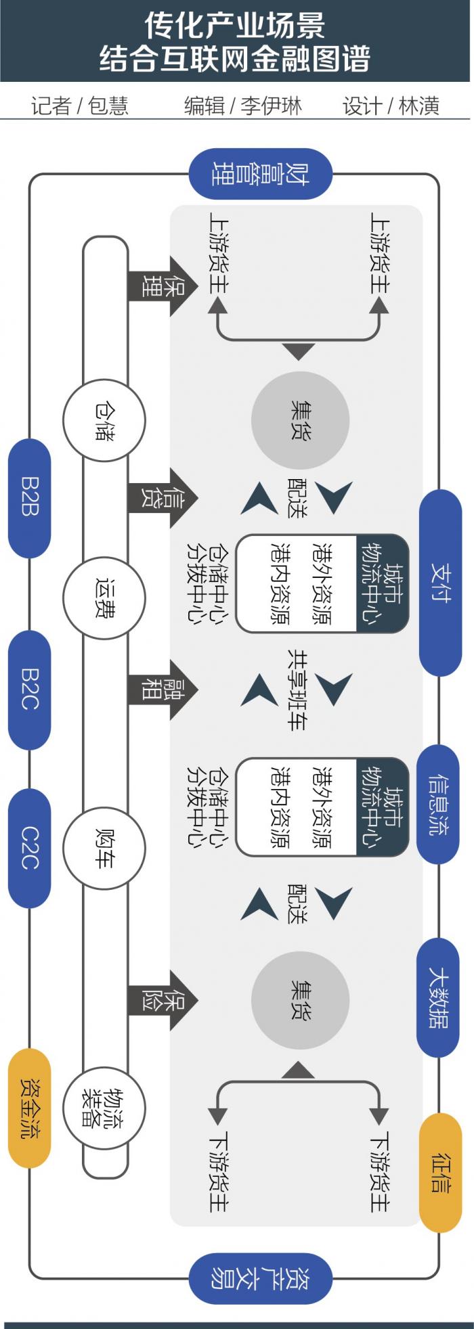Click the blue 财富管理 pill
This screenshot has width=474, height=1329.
click(x=261, y=174)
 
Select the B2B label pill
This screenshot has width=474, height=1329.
click(x=29, y=498)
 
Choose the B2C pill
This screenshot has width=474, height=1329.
click(x=29, y=690)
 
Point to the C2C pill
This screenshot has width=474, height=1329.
click(x=29, y=848)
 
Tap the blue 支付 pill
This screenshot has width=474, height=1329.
click(x=441, y=583)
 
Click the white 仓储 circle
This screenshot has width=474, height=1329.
click(x=104, y=420)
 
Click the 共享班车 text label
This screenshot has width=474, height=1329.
click(x=297, y=690)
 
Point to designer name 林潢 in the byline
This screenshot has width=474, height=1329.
click(x=419, y=106)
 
